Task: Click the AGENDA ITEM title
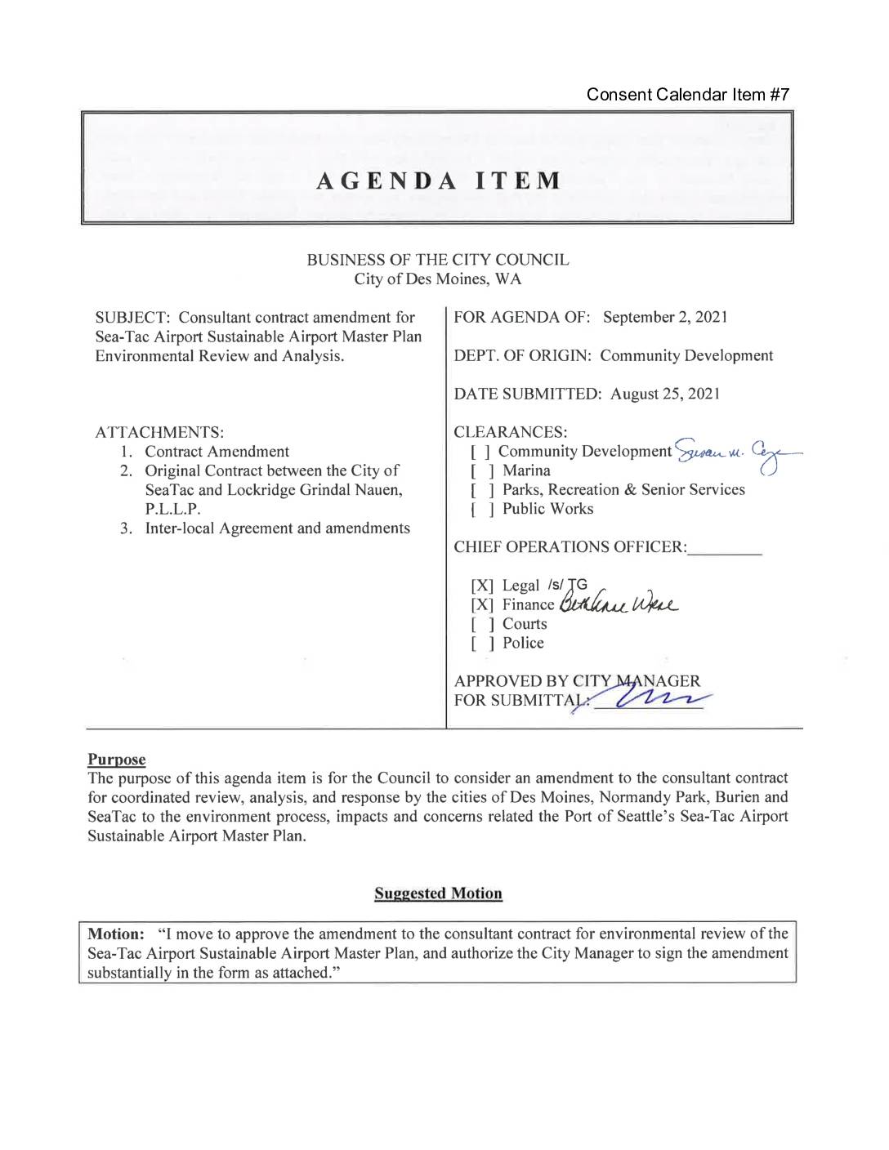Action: (439, 181)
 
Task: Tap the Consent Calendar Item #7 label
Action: (687, 95)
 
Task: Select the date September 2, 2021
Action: (665, 317)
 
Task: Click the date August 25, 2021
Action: (665, 394)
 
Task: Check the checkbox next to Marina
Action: (481, 471)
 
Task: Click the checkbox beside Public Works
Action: (481, 510)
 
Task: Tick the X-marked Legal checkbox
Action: (482, 586)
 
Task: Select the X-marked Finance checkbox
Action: (482, 605)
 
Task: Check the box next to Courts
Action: (481, 625)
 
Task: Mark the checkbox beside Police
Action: (481, 644)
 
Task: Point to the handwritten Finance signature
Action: (619, 604)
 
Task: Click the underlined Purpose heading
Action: (117, 760)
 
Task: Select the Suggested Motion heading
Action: (438, 894)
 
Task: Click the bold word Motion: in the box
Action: (116, 934)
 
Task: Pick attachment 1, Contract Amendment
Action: (217, 452)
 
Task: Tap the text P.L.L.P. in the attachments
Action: (172, 509)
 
